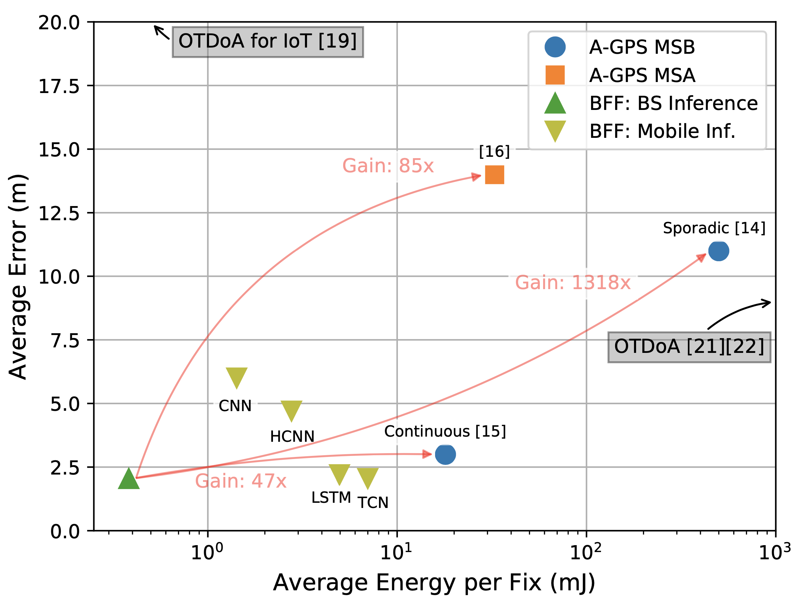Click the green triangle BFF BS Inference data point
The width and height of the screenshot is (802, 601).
(x=129, y=479)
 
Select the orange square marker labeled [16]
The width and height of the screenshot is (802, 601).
(x=495, y=175)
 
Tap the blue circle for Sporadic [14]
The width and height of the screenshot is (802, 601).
(x=719, y=251)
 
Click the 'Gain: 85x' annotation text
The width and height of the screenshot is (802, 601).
(x=388, y=166)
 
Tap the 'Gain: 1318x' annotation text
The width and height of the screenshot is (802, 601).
(x=573, y=283)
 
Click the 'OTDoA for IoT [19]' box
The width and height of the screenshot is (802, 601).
(x=267, y=41)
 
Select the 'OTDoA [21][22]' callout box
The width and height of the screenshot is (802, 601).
(x=689, y=347)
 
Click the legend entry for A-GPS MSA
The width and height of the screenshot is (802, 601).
(x=642, y=75)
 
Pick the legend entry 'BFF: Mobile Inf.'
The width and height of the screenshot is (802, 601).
(x=662, y=131)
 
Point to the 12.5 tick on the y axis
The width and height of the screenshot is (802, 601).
(x=59, y=213)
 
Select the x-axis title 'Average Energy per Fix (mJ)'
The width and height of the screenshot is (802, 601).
(x=434, y=583)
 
